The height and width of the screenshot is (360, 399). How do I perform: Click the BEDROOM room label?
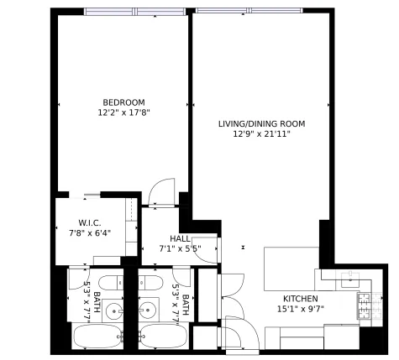124,102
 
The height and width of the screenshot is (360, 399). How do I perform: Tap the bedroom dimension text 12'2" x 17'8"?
124,112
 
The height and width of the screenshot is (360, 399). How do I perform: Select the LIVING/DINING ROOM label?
261,123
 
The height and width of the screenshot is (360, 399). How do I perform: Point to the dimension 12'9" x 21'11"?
261,133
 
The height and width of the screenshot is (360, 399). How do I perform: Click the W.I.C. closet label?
90,222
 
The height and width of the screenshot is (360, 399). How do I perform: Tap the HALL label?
180,238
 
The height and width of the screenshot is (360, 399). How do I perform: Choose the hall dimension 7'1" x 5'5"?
180,248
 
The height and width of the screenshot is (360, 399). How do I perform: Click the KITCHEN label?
300,299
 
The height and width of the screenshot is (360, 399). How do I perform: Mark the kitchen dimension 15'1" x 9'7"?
300,309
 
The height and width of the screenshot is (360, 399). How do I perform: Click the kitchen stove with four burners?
365,307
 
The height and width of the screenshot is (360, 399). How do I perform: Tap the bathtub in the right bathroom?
163,337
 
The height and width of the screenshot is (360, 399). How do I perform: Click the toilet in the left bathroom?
108,283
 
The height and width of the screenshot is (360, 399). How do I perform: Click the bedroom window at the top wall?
123,12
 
